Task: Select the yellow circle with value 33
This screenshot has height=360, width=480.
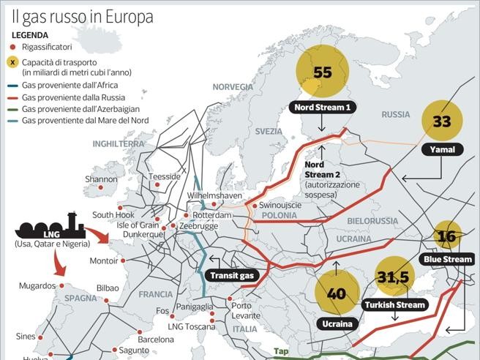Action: click(x=442, y=121)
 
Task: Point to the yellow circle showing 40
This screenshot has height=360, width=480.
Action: click(x=337, y=293)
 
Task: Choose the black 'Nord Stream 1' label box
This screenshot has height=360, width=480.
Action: click(x=322, y=108)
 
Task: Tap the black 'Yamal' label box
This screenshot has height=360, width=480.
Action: click(x=442, y=150)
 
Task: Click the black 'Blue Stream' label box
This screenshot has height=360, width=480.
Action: click(x=448, y=259)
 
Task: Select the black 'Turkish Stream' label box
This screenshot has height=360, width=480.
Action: click(x=394, y=304)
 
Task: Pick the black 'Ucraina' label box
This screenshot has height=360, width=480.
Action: click(x=337, y=323)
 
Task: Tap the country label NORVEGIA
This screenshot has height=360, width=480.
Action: click(x=232, y=87)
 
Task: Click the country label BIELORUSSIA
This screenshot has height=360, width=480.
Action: click(x=372, y=220)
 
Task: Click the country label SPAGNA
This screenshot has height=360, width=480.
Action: click(x=80, y=299)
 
